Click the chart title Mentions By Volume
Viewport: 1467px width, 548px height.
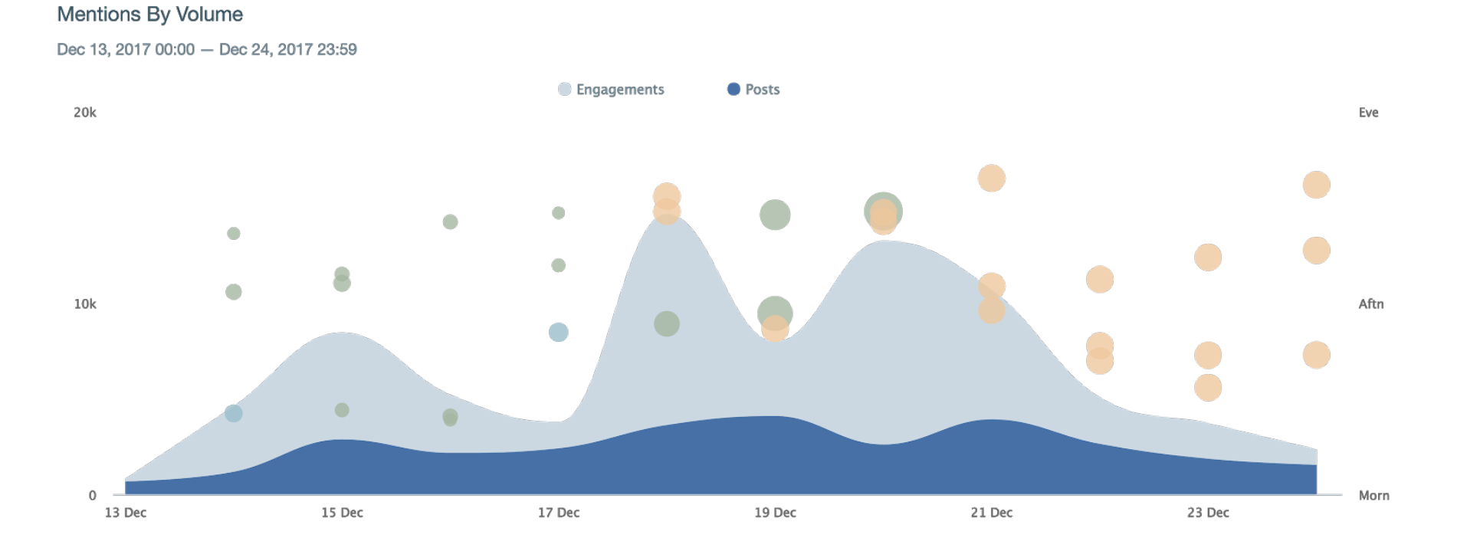[149, 15]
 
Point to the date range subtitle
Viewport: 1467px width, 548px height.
[206, 50]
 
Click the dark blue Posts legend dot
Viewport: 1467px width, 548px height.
[733, 89]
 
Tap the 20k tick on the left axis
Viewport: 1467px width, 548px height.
[85, 113]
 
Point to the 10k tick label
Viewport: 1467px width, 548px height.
[85, 304]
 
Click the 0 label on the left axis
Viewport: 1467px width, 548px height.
[92, 496]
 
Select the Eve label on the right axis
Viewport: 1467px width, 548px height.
[1368, 113]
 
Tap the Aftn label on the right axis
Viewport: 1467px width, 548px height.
[1370, 304]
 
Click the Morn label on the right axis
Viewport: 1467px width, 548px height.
[1373, 496]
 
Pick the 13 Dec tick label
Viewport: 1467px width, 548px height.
[126, 513]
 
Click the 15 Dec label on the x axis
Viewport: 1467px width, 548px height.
[342, 513]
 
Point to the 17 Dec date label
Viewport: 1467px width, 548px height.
[558, 513]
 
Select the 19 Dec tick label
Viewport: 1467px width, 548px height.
[775, 513]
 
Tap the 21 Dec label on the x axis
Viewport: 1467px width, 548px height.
[991, 513]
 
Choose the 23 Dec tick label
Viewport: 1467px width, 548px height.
[1208, 513]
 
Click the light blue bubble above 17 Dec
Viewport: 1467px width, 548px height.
[558, 333]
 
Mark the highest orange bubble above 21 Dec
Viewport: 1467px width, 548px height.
[991, 179]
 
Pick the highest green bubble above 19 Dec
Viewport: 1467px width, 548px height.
[775, 215]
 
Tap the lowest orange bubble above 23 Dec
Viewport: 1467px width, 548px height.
[1208, 388]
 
